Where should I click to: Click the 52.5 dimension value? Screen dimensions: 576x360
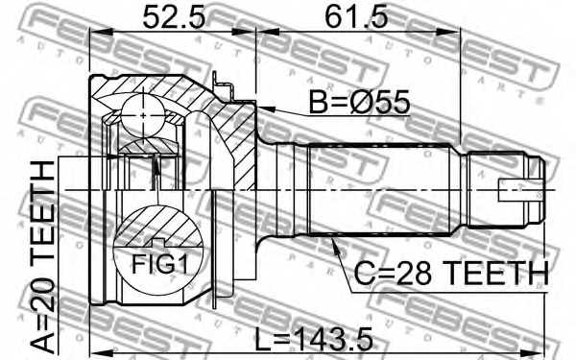(x=174, y=17)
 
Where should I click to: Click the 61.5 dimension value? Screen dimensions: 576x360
(x=356, y=17)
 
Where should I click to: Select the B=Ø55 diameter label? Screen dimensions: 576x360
(x=359, y=102)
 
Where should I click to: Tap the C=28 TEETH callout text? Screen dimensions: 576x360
(x=451, y=274)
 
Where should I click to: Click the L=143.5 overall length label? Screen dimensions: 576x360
(x=314, y=339)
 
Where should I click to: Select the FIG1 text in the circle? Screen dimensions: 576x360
(x=159, y=264)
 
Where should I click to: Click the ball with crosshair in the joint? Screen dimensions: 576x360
(x=143, y=115)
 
